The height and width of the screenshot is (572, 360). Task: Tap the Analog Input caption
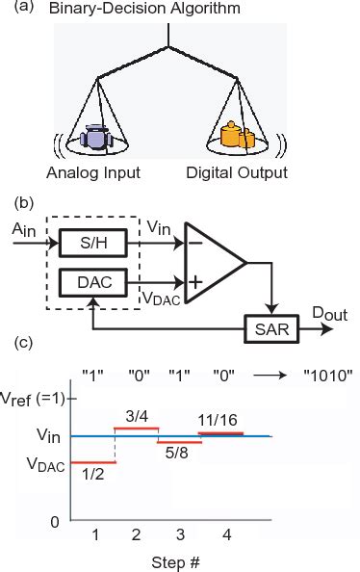pyautogui.click(x=92, y=174)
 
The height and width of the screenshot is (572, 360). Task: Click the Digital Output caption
pyautogui.click(x=237, y=174)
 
